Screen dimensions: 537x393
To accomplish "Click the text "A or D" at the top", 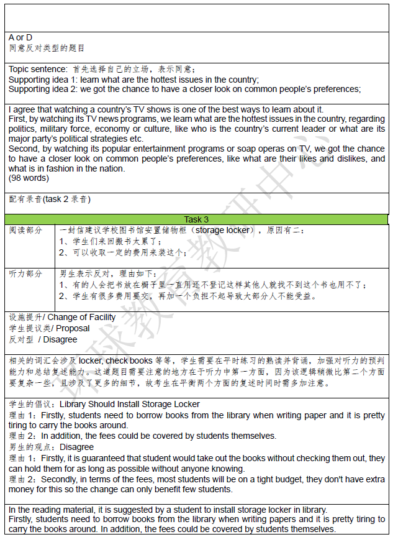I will point(20,38).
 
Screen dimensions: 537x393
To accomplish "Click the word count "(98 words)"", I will point(29,178).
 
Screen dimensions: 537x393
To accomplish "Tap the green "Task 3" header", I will point(196,219).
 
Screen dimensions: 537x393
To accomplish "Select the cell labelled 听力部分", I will point(26,274).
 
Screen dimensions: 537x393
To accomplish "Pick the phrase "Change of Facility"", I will point(81,318).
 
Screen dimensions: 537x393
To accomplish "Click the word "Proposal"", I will point(73,328).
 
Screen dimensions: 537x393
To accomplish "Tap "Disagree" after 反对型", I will point(60,339).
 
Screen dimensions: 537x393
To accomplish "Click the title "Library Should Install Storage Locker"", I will point(129,404).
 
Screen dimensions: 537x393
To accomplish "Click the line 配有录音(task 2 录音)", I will point(50,200).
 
